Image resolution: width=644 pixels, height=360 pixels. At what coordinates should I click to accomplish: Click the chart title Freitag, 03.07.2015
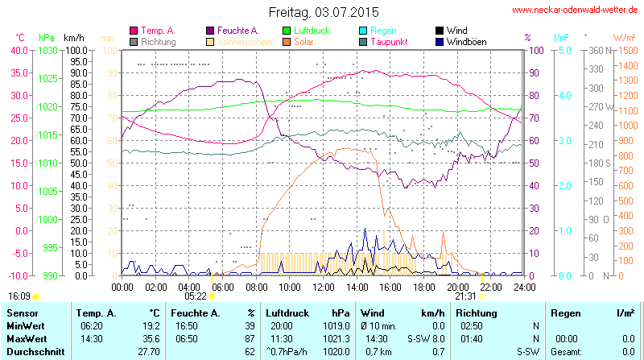tap(322, 12)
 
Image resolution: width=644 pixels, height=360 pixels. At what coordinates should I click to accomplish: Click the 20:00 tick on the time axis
tap(457, 287)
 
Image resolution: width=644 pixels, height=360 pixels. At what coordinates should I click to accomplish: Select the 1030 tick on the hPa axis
tap(47, 50)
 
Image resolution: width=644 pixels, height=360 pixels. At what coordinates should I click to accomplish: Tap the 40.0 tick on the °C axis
tap(18, 50)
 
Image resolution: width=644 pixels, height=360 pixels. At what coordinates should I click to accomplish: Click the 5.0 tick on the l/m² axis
tap(565, 50)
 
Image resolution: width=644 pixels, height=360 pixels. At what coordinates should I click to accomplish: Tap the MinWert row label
tap(24, 325)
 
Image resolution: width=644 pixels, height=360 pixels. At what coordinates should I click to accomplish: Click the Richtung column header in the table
tap(476, 312)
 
